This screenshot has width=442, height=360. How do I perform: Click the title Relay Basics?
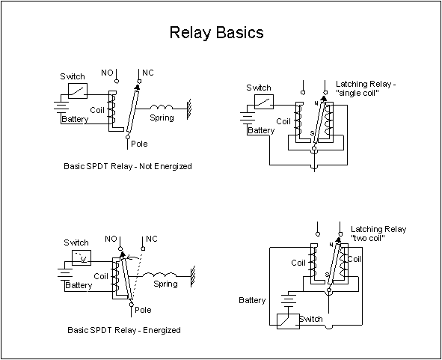tap(216, 32)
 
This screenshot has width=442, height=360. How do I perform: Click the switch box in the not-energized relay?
tap(78, 91)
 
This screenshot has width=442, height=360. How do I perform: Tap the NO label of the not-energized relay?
tap(107, 73)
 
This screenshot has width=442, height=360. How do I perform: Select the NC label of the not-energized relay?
tap(148, 73)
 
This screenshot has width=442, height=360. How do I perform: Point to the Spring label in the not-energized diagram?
tap(162, 118)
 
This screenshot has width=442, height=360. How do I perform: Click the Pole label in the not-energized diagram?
tap(139, 144)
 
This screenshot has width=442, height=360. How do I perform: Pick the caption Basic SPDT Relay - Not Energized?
tap(128, 166)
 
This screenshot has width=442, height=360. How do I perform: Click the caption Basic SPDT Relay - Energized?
tap(124, 330)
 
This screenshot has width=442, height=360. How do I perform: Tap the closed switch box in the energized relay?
tap(82, 257)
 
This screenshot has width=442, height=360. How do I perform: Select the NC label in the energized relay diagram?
tap(152, 239)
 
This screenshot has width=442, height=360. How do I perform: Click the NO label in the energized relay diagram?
tap(111, 239)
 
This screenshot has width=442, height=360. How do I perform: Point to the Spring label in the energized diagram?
tap(165, 284)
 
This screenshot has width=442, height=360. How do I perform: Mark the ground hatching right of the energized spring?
tap(193, 276)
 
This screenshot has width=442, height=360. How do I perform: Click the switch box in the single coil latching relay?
tap(264, 102)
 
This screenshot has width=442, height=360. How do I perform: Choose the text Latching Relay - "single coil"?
tap(366, 88)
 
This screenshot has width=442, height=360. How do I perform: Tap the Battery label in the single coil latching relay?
tap(261, 130)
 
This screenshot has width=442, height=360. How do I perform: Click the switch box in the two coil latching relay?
tap(288, 321)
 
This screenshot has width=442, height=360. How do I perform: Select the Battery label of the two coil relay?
tap(252, 300)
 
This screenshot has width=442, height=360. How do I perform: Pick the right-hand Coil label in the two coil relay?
tap(354, 259)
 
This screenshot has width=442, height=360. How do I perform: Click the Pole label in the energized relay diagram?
tap(143, 310)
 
